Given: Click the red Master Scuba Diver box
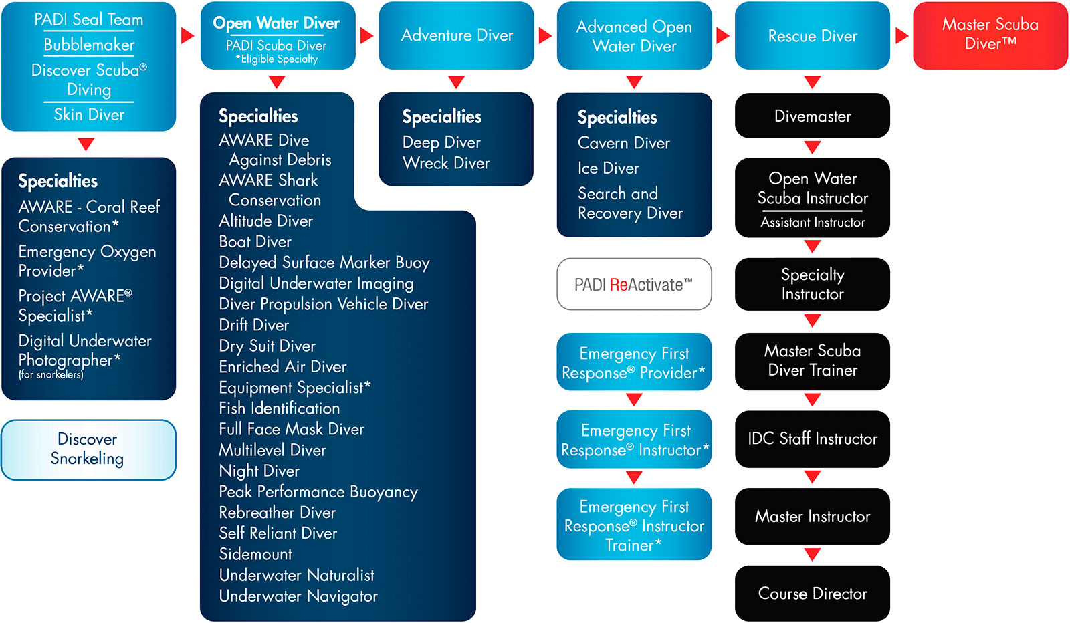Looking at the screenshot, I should click(990, 35).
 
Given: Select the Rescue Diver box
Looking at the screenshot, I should click(812, 36).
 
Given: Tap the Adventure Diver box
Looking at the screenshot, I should click(457, 35).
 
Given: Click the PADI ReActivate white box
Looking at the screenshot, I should click(634, 285).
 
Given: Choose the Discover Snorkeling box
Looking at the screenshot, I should click(88, 449).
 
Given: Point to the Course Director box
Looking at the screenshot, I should click(812, 594).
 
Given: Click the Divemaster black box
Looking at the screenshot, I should click(812, 116).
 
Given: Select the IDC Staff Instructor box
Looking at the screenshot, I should click(812, 439).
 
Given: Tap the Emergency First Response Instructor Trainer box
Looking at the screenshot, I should click(634, 525).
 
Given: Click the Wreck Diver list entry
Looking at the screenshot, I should click(446, 164).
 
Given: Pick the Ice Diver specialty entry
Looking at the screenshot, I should click(609, 168).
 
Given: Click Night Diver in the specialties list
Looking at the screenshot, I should click(259, 471).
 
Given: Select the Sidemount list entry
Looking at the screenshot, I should click(255, 554).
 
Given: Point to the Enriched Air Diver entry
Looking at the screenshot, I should click(283, 367).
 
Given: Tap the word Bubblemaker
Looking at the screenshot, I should click(89, 45).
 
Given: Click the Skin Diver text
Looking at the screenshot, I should click(89, 115).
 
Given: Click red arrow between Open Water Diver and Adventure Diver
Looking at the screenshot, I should click(366, 35).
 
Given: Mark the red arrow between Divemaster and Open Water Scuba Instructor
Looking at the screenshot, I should click(812, 148).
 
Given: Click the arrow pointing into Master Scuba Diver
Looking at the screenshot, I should click(901, 35).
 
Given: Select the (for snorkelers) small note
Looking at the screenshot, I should click(51, 375).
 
